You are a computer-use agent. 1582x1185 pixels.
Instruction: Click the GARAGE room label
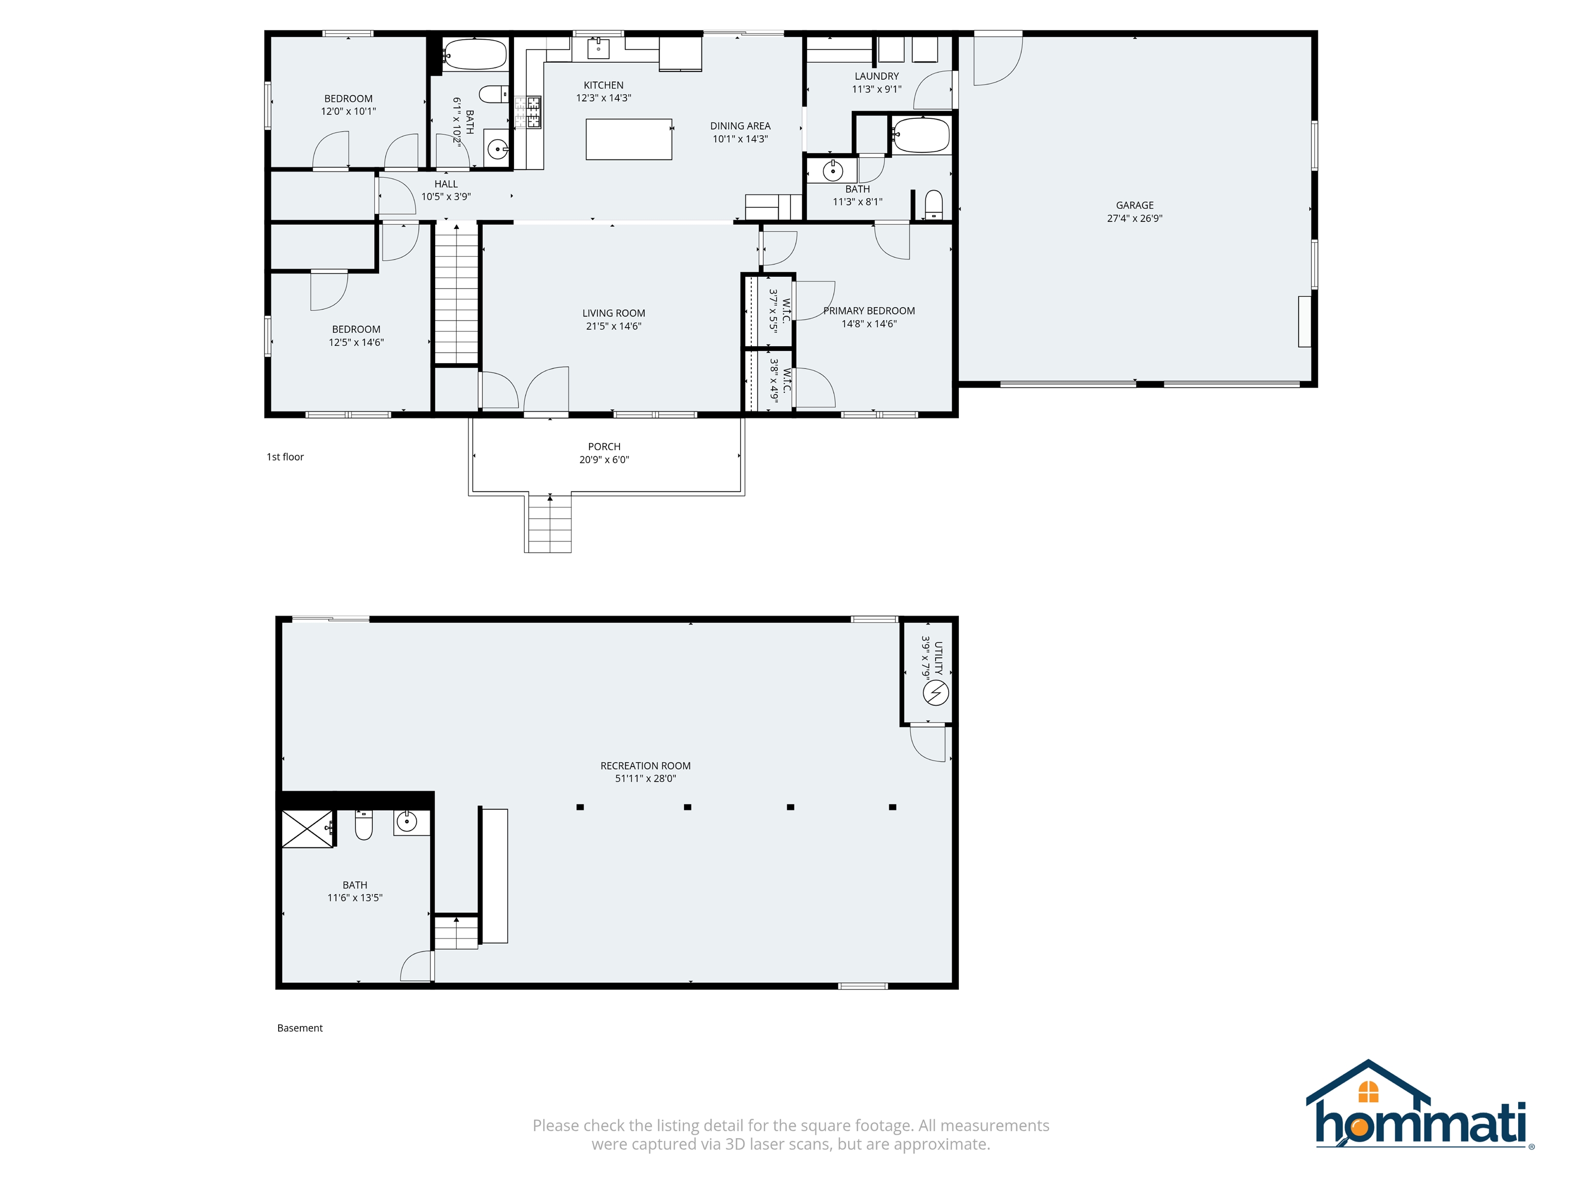(1134, 205)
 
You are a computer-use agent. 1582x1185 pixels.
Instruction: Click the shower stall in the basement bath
(307, 829)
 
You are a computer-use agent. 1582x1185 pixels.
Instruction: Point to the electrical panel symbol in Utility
(936, 693)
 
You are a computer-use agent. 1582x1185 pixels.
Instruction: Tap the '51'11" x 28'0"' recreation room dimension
(645, 779)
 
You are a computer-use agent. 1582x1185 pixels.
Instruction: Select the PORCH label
(605, 447)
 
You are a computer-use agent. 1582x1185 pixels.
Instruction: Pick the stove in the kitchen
(534, 112)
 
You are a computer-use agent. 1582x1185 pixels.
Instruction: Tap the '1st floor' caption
(285, 457)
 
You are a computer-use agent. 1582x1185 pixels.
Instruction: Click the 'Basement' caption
(300, 1028)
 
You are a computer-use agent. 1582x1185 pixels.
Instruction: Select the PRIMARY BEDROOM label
(869, 311)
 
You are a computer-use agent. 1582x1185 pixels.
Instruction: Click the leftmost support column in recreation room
(580, 807)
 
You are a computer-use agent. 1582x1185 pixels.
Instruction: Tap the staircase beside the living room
(457, 293)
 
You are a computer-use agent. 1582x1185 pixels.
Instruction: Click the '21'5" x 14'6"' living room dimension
(614, 326)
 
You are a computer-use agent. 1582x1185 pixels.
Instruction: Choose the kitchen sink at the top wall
(598, 48)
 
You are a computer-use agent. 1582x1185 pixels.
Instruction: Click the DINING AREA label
(740, 126)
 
